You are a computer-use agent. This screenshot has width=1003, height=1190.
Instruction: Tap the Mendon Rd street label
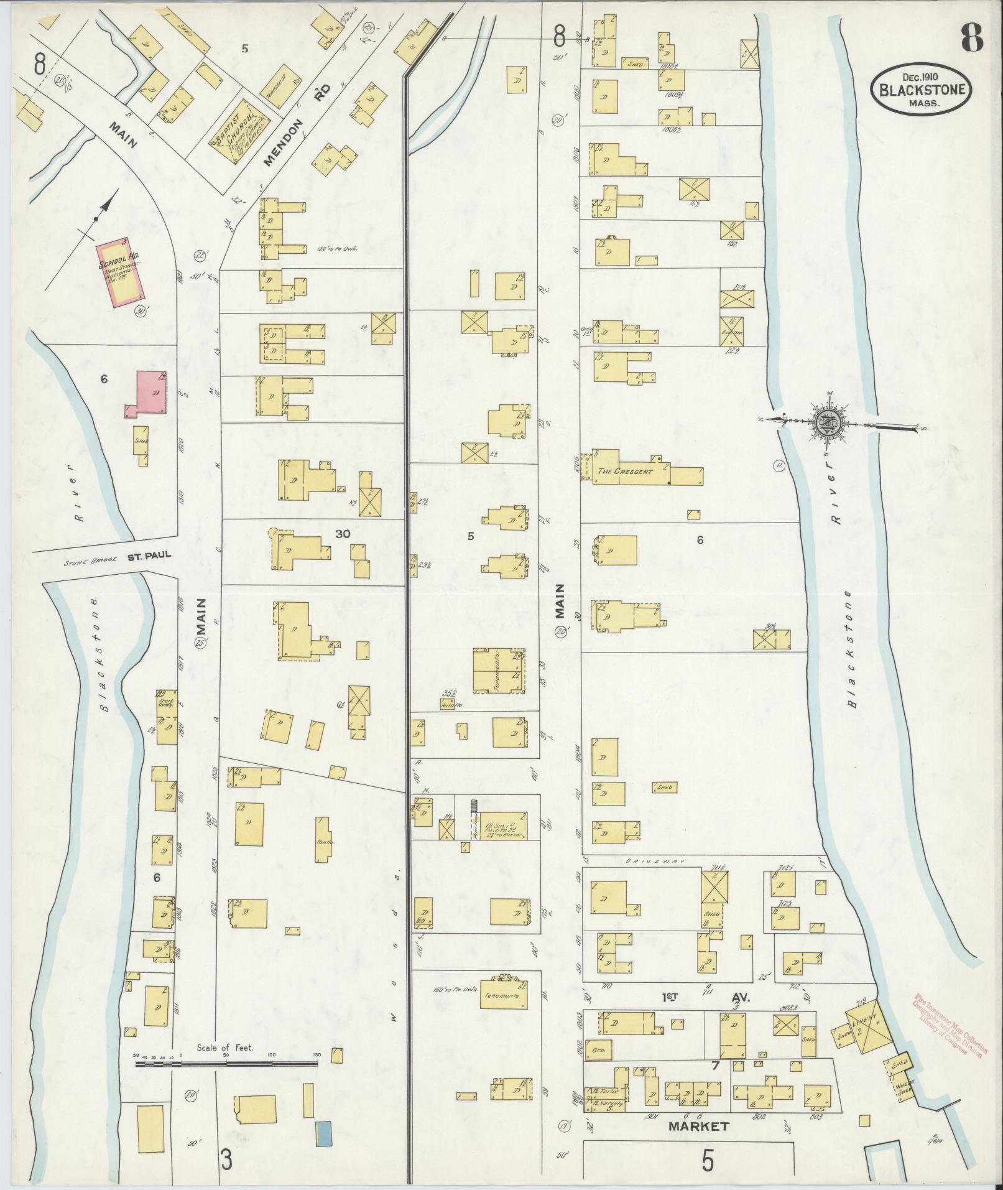click(296, 128)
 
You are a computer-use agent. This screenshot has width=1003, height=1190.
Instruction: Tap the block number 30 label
click(343, 534)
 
